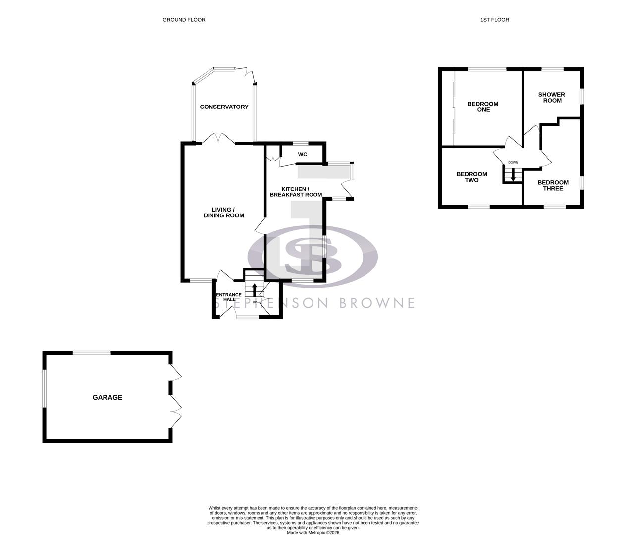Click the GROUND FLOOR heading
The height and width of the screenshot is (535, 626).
pyautogui.click(x=184, y=20)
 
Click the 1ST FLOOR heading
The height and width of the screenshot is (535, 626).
pyautogui.click(x=494, y=20)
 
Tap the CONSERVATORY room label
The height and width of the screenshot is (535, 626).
pyautogui.click(x=224, y=107)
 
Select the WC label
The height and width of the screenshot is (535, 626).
pyautogui.click(x=302, y=154)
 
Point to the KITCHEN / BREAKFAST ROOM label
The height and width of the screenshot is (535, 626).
pyautogui.click(x=296, y=192)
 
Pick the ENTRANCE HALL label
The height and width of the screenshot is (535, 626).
pyautogui.click(x=229, y=297)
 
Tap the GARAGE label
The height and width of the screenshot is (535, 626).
pyautogui.click(x=107, y=397)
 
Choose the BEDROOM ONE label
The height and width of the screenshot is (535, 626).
pyautogui.click(x=483, y=107)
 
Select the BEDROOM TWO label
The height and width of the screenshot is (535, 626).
pyautogui.click(x=471, y=177)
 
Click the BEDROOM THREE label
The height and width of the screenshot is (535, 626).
pyautogui.click(x=553, y=185)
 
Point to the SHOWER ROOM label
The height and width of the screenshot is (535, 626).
pyautogui.click(x=552, y=97)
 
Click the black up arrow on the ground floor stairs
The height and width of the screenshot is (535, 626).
pyautogui.click(x=255, y=289)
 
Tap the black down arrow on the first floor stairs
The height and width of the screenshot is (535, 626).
pyautogui.click(x=513, y=174)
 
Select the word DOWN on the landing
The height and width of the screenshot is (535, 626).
pyautogui.click(x=513, y=162)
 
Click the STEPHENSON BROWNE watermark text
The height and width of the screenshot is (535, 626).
pyautogui.click(x=315, y=303)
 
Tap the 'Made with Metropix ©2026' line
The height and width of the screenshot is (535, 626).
pyautogui.click(x=313, y=532)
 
